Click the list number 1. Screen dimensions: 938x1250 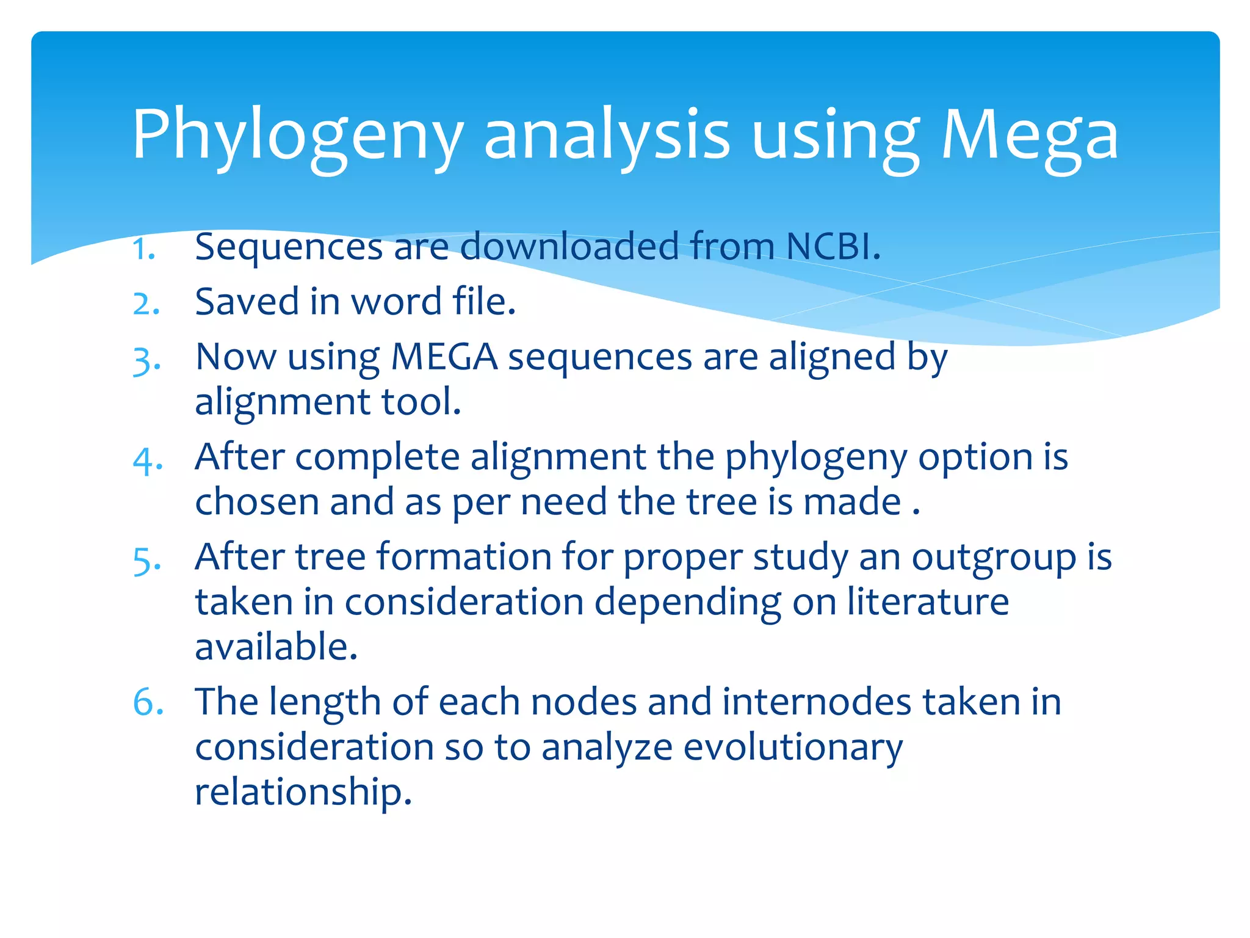coord(144,249)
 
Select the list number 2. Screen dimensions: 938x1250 coord(146,304)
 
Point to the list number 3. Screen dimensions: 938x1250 coord(146,360)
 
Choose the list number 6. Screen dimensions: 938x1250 coord(148,702)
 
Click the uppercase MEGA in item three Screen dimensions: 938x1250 coord(444,357)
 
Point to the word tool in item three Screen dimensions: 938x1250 coord(421,402)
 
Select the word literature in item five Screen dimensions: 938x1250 coord(928,602)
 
